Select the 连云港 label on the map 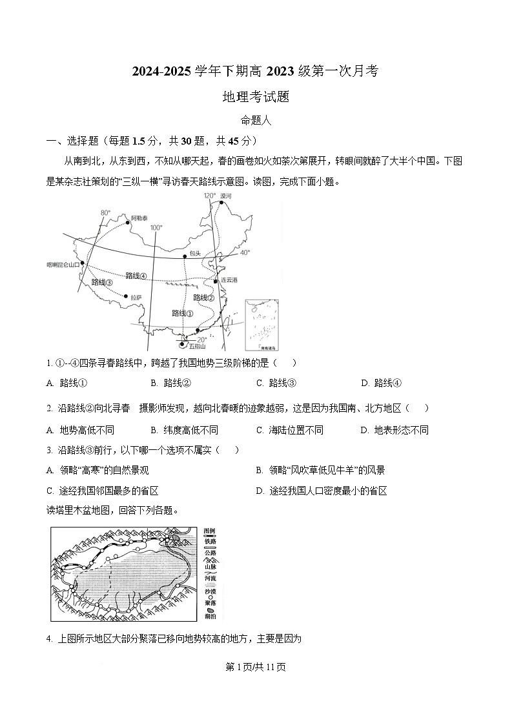(229, 280)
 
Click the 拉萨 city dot (126, 297)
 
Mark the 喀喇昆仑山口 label (63, 264)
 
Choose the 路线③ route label (102, 282)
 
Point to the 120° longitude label (210, 195)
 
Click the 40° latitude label (245, 253)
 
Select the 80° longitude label (105, 212)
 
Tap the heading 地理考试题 (255, 97)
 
